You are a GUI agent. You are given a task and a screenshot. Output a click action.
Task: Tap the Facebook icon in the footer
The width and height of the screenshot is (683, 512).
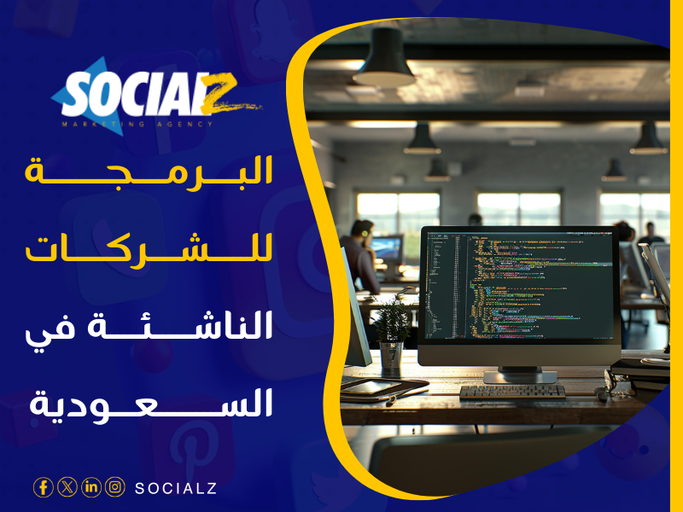click(43, 487)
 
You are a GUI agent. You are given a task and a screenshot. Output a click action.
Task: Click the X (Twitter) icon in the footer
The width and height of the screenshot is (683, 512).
click(67, 487)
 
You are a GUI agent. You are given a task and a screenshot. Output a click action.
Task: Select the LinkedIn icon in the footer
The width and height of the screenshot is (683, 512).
click(91, 487)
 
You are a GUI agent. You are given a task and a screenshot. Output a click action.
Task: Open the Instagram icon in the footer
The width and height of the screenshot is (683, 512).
click(115, 487)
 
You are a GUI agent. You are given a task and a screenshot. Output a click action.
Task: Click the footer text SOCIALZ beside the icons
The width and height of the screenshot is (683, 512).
click(176, 488)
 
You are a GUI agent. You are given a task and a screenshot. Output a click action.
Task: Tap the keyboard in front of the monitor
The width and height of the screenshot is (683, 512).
click(512, 391)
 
